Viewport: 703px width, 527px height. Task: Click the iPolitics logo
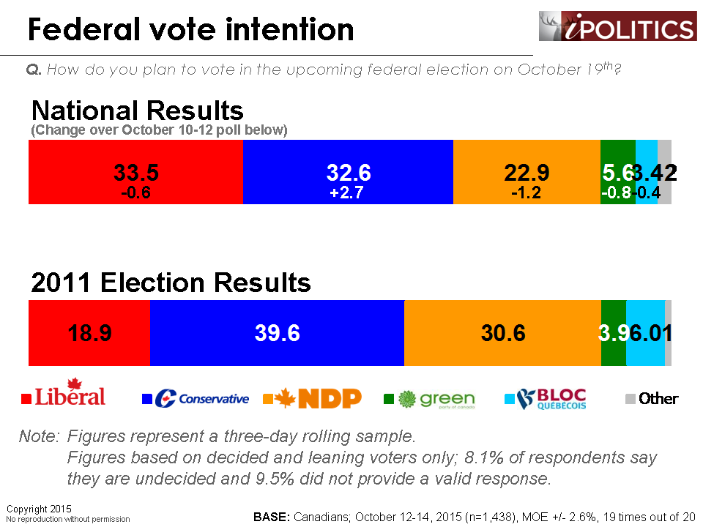coord(617,26)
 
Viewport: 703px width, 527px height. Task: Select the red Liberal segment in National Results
coord(135,173)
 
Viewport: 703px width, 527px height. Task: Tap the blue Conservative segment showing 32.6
coord(348,173)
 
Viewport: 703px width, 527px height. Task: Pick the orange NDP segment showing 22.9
coord(527,173)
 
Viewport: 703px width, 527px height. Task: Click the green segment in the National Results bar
coord(617,173)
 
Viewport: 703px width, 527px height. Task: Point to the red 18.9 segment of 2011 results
coord(89,333)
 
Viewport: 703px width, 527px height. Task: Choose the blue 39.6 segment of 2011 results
coord(277,333)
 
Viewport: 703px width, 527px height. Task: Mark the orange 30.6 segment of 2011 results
coord(502,333)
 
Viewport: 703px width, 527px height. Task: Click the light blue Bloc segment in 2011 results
coord(645,333)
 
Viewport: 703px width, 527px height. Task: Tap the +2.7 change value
coord(348,193)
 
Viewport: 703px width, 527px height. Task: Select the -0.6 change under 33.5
coord(135,193)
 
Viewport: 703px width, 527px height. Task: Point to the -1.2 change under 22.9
coord(527,193)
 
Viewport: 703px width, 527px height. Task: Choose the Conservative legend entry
coord(196,399)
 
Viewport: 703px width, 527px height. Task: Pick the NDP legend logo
coord(313,398)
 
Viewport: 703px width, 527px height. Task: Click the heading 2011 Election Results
coord(171,283)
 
